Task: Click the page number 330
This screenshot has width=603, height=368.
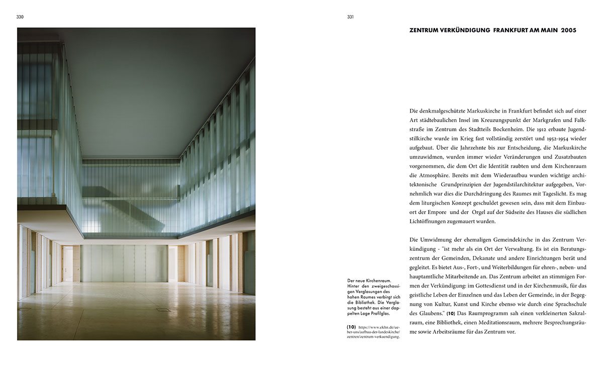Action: pyautogui.click(x=20, y=17)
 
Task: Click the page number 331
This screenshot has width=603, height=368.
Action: pyautogui.click(x=350, y=17)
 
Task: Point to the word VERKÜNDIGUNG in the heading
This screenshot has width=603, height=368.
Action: pyautogui.click(x=466, y=31)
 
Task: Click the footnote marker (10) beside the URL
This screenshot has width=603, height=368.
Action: pyautogui.click(x=351, y=327)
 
